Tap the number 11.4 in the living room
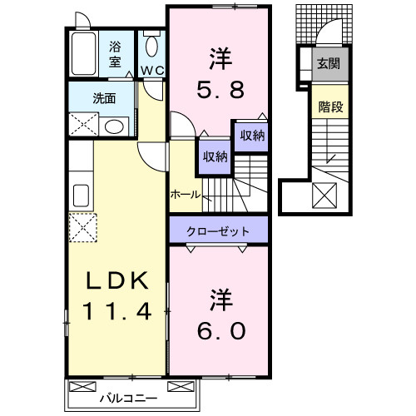117,313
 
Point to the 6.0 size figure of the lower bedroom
220,329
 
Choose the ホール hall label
184,194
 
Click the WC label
151,70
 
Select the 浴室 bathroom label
115,54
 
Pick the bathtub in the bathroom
83,54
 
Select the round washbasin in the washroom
116,126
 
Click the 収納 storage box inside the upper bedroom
253,136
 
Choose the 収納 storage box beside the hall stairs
212,156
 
